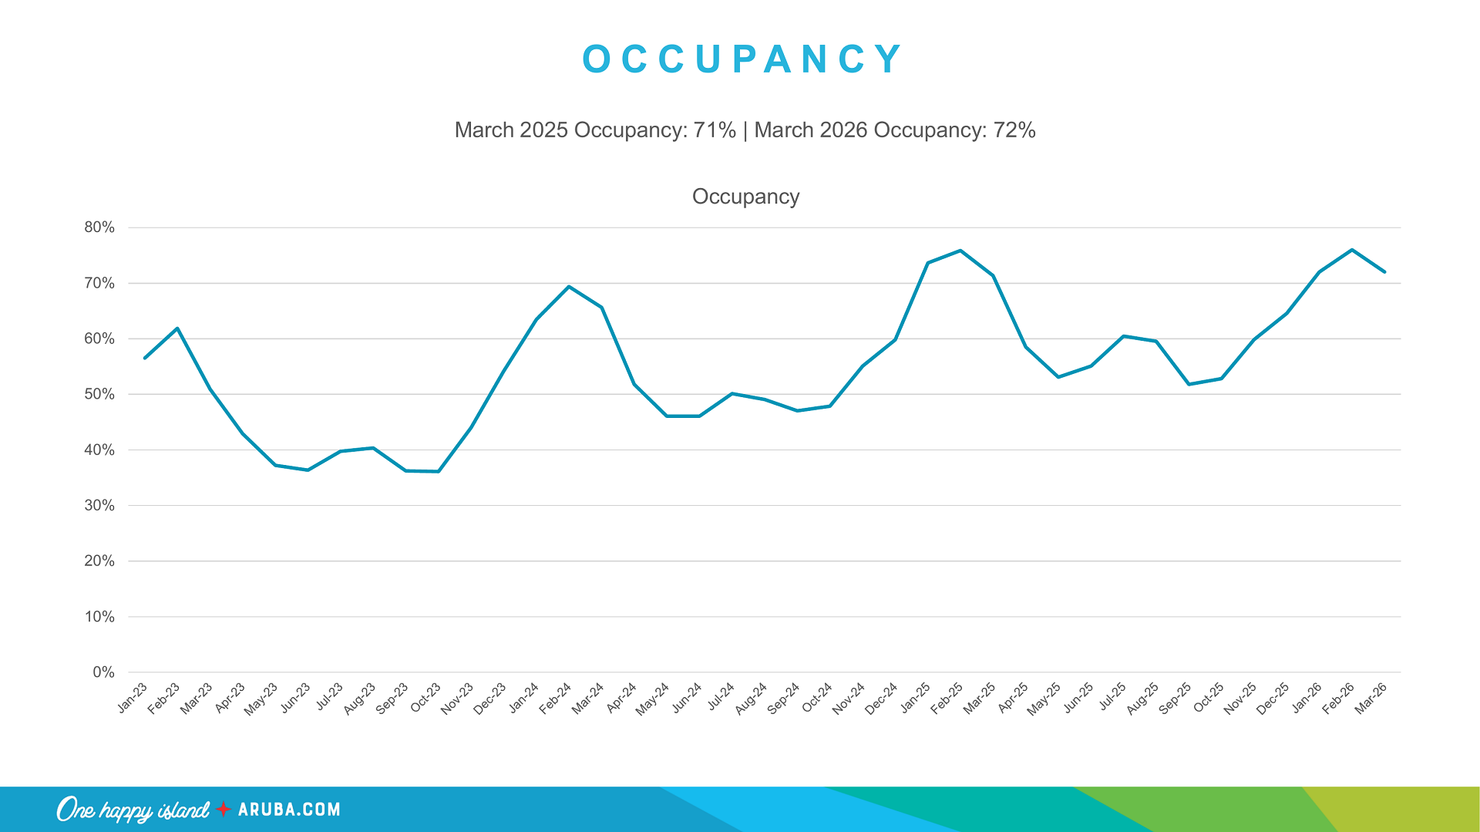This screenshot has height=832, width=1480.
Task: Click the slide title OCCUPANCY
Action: (x=742, y=59)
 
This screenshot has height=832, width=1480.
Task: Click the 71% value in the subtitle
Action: (x=714, y=130)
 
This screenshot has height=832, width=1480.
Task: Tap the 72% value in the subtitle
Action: (x=1014, y=130)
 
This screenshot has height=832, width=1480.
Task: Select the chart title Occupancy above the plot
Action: (x=745, y=197)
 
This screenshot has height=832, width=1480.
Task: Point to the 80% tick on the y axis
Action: (x=99, y=227)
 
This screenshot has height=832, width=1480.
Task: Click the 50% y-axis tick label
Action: (x=99, y=394)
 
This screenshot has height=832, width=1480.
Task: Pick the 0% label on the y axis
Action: (x=103, y=672)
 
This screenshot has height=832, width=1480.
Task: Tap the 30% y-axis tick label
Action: (x=99, y=506)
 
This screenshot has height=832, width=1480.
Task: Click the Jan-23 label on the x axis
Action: (x=133, y=698)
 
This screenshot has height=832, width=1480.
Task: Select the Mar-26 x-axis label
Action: (x=1371, y=699)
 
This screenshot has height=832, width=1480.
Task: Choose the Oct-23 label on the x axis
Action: (x=425, y=699)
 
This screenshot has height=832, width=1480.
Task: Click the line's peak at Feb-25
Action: (x=960, y=251)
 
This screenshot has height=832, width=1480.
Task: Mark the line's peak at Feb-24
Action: (x=569, y=287)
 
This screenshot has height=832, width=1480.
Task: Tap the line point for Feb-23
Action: (x=178, y=328)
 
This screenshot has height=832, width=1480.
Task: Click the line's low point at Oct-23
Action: (x=439, y=471)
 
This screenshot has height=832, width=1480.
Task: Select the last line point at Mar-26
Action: (x=1384, y=271)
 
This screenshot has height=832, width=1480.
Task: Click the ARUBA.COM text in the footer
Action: (x=289, y=810)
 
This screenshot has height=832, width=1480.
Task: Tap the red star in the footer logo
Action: (x=224, y=809)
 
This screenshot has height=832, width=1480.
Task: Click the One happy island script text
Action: (x=133, y=810)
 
